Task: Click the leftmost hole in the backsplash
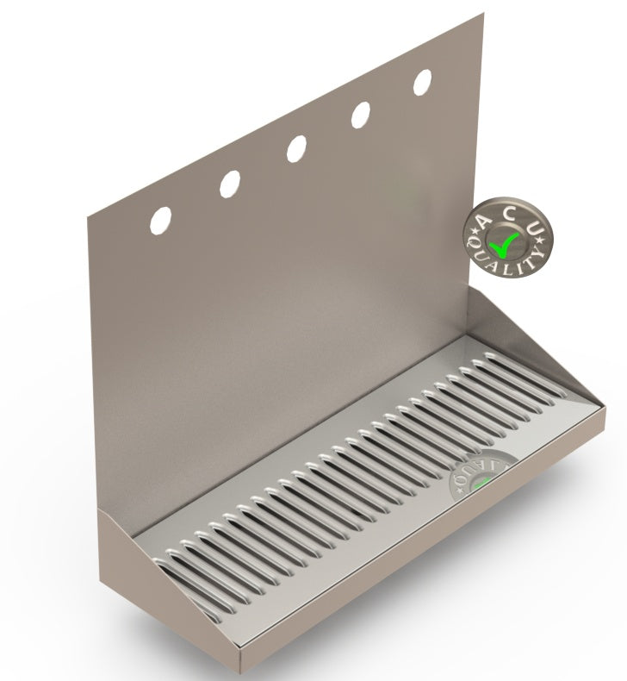click(160, 220)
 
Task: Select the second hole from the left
click(230, 183)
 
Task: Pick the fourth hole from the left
click(361, 115)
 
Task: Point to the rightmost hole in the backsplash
click(423, 82)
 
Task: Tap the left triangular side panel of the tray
click(129, 560)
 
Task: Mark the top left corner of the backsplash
click(88, 215)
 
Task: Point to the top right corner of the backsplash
click(482, 14)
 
